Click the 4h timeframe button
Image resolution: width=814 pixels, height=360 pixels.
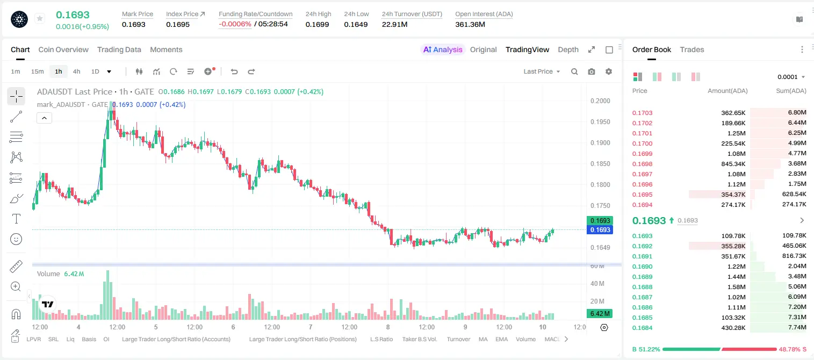pyautogui.click(x=76, y=71)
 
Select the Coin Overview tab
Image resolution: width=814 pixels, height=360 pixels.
pyautogui.click(x=63, y=49)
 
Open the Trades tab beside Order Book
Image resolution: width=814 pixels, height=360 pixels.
pyautogui.click(x=692, y=49)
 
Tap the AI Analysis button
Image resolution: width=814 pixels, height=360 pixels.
pyautogui.click(x=443, y=49)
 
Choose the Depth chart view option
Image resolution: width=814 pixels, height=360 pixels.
pyautogui.click(x=568, y=49)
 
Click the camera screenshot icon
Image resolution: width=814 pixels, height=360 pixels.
pyautogui.click(x=592, y=71)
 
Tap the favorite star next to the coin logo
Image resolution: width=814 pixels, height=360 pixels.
pyautogui.click(x=40, y=18)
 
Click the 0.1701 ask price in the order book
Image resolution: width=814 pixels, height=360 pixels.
pyautogui.click(x=642, y=133)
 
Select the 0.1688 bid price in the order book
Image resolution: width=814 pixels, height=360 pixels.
pyautogui.click(x=642, y=287)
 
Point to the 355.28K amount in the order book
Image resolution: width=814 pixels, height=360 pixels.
pyautogui.click(x=733, y=246)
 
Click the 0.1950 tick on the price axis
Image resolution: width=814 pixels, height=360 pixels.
pyautogui.click(x=600, y=121)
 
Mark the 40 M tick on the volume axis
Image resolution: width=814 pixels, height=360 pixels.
pyautogui.click(x=597, y=283)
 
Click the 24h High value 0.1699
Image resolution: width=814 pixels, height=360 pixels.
pyautogui.click(x=317, y=24)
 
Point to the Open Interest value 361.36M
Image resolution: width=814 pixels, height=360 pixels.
pyautogui.click(x=470, y=24)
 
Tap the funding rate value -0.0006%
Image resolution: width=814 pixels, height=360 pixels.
pyautogui.click(x=235, y=24)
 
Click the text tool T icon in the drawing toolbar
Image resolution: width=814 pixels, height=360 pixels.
pyautogui.click(x=16, y=219)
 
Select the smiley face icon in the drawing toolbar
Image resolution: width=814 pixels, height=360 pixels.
pyautogui.click(x=16, y=239)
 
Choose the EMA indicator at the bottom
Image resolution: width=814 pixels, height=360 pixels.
pyautogui.click(x=501, y=339)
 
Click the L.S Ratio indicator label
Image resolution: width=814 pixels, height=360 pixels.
pyautogui.click(x=381, y=339)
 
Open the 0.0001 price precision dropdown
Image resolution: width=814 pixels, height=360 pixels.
pyautogui.click(x=791, y=77)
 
